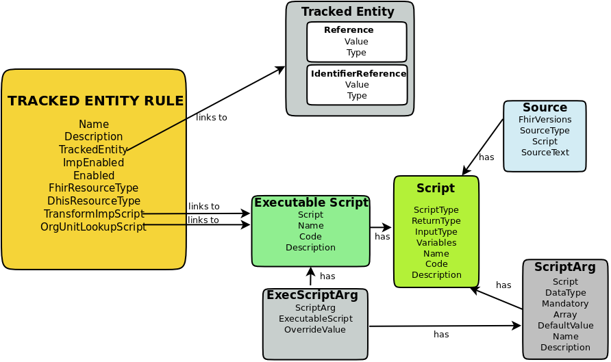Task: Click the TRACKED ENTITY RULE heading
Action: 95,101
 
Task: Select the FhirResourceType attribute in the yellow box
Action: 93,188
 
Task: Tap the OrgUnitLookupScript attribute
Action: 93,227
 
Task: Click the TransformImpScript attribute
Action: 94,214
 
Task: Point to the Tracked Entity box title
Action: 347,12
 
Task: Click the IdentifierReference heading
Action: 358,74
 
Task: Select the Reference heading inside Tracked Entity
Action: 349,30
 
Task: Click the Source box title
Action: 545,108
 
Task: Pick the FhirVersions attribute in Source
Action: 545,120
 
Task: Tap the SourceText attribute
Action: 545,153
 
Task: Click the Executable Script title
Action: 311,203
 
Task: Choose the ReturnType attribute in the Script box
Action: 436,221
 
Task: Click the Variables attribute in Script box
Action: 436,243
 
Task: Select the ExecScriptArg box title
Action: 312,295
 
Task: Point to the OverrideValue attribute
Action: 314,330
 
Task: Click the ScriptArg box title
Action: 564,268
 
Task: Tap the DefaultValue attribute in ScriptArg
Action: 565,326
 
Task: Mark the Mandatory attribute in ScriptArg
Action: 565,304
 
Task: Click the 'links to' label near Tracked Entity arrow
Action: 211,118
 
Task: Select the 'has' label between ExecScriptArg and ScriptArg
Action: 441,335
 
